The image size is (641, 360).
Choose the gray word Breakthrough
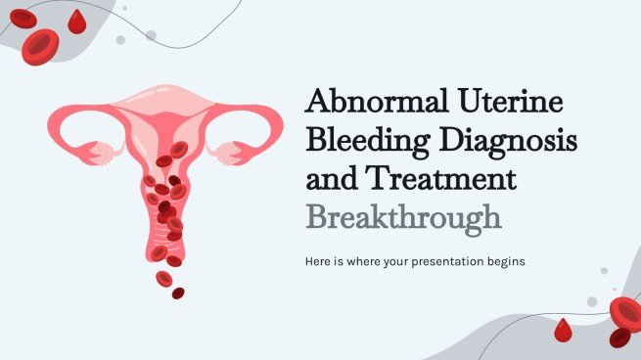click(404, 216)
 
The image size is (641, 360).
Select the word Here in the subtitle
click(320, 261)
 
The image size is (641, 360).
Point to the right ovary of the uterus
click(233, 153)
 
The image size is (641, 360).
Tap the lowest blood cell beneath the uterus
click(178, 292)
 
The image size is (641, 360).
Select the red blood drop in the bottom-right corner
click(562, 332)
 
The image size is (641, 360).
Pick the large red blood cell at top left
click(41, 45)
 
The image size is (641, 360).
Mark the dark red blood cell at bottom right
click(619, 337)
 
